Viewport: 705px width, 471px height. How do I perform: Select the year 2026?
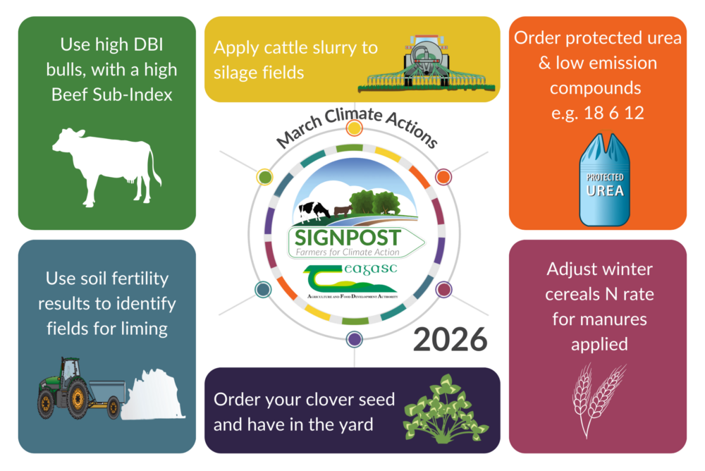tap(450, 339)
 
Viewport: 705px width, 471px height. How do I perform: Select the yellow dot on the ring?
tap(355, 128)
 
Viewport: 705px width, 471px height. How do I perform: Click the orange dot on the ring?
tap(443, 176)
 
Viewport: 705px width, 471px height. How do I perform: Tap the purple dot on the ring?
tap(354, 339)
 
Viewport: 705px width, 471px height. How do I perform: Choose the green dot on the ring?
tap(264, 177)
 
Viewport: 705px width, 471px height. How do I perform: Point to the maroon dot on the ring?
tap(443, 289)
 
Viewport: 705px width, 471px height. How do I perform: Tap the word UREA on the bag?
tap(604, 190)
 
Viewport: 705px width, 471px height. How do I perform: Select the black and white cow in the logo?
tap(314, 209)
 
